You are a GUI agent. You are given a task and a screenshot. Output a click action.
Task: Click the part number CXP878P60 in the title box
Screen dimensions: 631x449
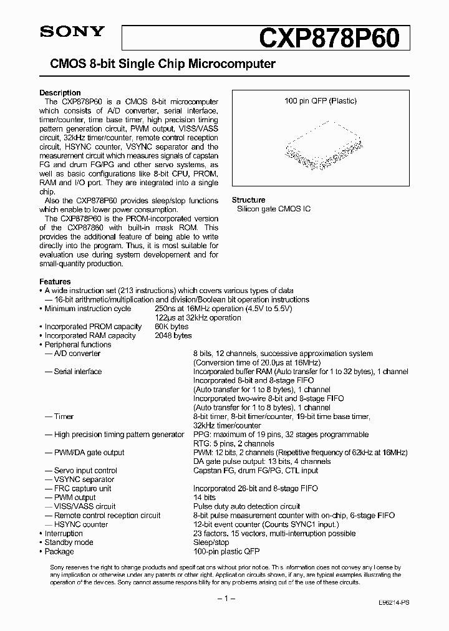point(335,37)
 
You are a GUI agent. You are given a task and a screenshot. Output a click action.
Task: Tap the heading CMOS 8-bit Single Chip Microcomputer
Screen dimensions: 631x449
point(158,64)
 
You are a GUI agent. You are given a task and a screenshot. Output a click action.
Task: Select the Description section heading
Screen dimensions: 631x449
point(60,93)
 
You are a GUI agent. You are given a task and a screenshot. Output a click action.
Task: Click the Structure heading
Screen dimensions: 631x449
point(248,200)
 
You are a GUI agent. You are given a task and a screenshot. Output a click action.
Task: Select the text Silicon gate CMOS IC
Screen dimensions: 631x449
point(273,209)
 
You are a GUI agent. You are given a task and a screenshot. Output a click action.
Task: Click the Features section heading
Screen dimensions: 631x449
point(55,282)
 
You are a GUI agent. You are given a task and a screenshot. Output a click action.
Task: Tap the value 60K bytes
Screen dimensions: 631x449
point(171,327)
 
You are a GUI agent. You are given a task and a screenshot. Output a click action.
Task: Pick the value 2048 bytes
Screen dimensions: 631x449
point(173,335)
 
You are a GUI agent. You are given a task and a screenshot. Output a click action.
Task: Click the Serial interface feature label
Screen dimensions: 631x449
point(78,372)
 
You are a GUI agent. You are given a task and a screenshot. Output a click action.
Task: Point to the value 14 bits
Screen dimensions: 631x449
point(204,498)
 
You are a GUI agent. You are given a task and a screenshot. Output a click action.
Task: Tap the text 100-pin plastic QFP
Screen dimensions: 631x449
point(226,551)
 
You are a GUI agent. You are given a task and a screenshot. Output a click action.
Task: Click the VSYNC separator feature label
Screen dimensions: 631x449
point(84,479)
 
